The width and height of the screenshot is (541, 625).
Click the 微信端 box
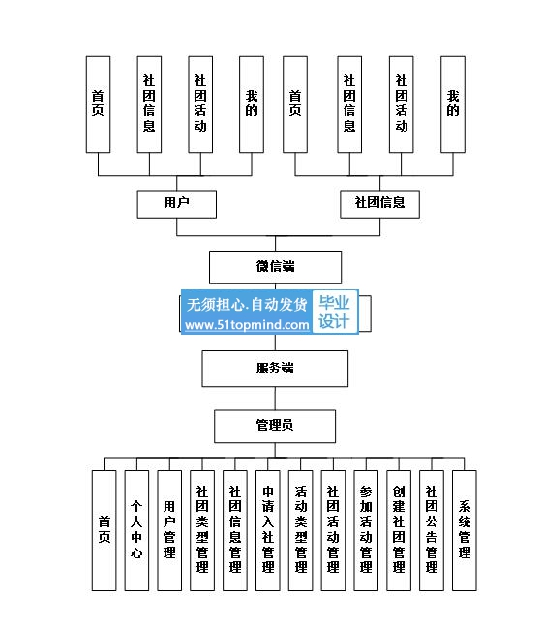pyautogui.click(x=275, y=267)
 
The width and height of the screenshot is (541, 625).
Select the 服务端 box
pyautogui.click(x=275, y=369)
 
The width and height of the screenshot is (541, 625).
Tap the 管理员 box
pyautogui.click(x=275, y=426)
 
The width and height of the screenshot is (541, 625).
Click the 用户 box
pyautogui.click(x=176, y=204)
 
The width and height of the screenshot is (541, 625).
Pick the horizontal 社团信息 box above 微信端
pyautogui.click(x=379, y=204)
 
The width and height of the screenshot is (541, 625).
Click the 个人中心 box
pyautogui.click(x=136, y=530)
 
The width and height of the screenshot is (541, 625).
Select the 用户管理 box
pyautogui.click(x=169, y=530)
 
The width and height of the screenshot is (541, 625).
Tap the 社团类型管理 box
pyautogui.click(x=202, y=530)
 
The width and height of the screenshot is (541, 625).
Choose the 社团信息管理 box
pyautogui.click(x=235, y=530)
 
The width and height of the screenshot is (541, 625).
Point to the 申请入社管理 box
pyautogui.click(x=267, y=530)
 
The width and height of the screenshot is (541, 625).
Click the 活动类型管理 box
pyautogui.click(x=301, y=530)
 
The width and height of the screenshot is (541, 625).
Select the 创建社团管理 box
pyautogui.click(x=399, y=530)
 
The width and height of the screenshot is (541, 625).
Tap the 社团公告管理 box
pyautogui.click(x=432, y=530)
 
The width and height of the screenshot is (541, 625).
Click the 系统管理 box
pyautogui.click(x=464, y=530)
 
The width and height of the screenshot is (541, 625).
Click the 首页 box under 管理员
pyautogui.click(x=105, y=530)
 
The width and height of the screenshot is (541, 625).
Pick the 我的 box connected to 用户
pyautogui.click(x=252, y=104)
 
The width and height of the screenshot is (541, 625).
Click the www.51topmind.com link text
pyautogui.click(x=247, y=325)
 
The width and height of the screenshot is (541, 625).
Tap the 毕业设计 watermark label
pyautogui.click(x=334, y=312)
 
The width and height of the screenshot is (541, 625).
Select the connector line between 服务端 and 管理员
pyautogui.click(x=275, y=399)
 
